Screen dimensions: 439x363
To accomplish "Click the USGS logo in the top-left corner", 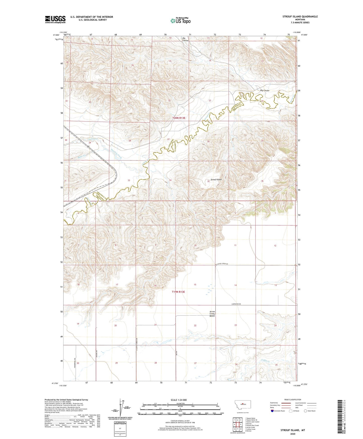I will click(55, 19).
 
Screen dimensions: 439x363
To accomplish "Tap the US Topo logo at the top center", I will click(180, 21).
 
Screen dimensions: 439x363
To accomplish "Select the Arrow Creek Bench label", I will click(212, 314).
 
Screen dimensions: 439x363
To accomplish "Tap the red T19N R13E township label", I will click(178, 292).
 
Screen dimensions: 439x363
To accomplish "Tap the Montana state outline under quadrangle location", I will click(241, 404).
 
